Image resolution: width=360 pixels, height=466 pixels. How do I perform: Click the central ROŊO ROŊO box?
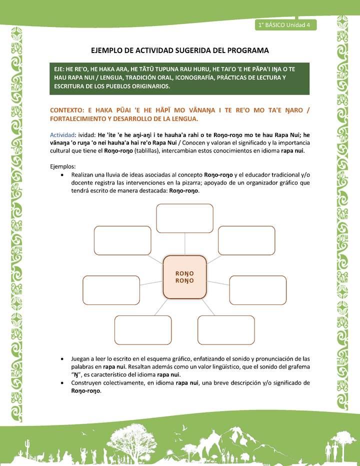tap(185, 276)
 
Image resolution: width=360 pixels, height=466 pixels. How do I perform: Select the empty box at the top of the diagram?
tap(185, 218)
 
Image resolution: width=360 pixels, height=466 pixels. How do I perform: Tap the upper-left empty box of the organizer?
tap(115, 240)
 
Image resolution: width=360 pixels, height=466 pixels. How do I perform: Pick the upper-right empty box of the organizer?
tap(246, 240)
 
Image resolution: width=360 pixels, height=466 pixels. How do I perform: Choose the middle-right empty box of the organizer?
tap(257, 290)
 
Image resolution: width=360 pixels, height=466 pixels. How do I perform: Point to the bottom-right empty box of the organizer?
tap(226, 329)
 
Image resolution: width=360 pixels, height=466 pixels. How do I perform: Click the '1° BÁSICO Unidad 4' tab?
tap(284, 25)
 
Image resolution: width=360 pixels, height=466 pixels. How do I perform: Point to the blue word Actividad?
tap(62, 134)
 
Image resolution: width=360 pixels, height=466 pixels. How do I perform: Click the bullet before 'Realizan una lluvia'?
tap(61, 175)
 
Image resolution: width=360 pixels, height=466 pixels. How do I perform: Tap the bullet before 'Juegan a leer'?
tap(61, 359)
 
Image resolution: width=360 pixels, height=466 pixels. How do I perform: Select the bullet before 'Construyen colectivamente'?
tap(61, 383)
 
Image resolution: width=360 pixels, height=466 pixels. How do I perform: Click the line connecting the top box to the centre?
tap(185, 244)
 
